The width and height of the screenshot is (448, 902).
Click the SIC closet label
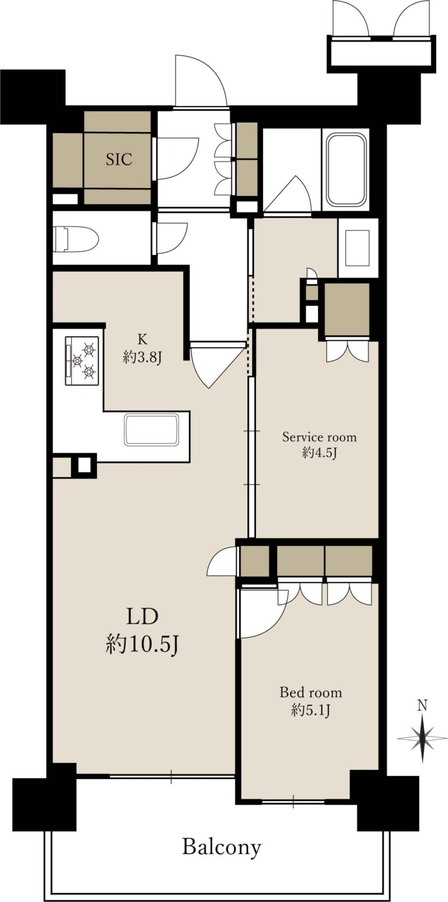click(119, 159)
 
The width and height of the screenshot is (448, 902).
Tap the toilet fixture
click(76, 239)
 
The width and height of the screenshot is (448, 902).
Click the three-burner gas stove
click(82, 361)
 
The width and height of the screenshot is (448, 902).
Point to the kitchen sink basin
click(152, 429)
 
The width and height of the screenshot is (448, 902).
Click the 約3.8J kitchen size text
click(142, 356)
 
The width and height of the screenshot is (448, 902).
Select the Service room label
click(319, 437)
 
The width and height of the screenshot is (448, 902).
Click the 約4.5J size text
click(319, 453)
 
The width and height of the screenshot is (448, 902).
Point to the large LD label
click(142, 617)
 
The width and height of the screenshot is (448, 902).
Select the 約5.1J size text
click(311, 710)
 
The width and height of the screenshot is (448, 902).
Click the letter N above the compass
click(422, 705)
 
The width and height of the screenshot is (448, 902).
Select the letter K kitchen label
click(142, 339)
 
